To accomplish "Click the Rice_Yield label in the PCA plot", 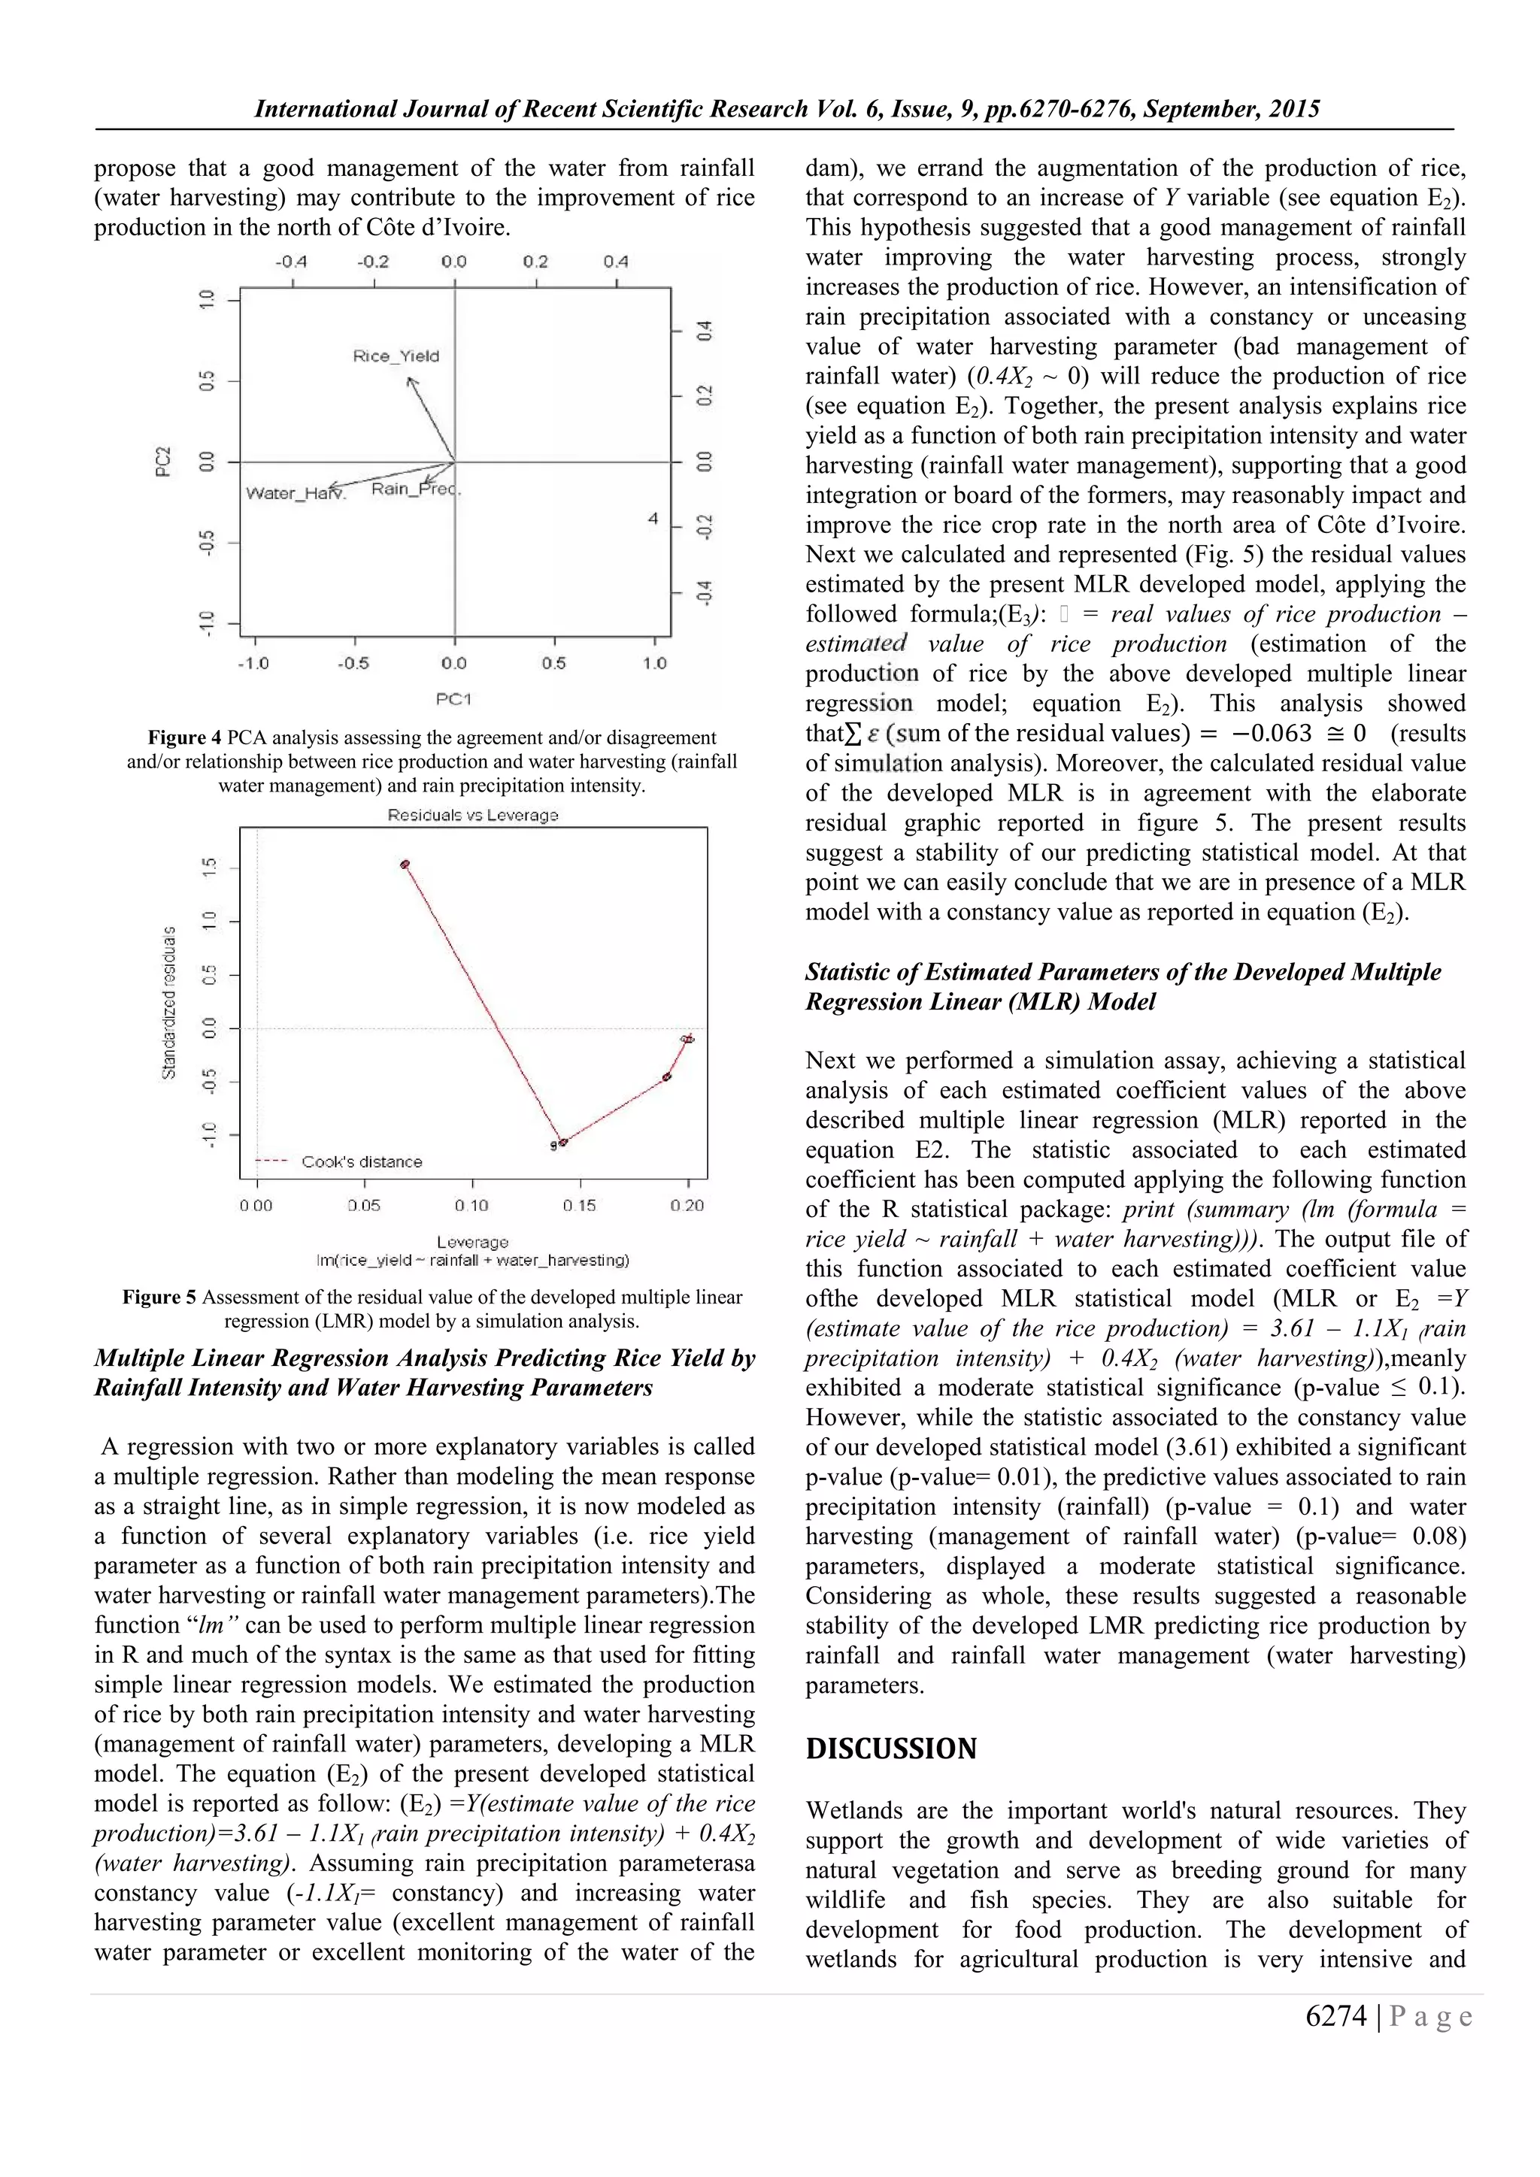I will click(x=396, y=356).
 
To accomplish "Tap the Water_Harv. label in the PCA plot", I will click(x=296, y=493).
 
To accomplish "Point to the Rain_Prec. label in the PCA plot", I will click(x=415, y=489).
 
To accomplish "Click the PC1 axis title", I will click(x=453, y=699).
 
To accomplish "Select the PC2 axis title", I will click(x=163, y=462).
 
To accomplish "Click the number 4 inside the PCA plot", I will click(x=653, y=519).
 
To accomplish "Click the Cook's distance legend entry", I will click(x=360, y=1161).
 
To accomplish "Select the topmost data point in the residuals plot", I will click(x=405, y=864).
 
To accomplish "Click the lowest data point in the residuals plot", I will click(x=562, y=1143).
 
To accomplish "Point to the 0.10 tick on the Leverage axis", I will click(x=471, y=1205).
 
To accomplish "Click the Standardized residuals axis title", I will click(x=168, y=1002).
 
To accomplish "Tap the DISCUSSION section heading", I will click(x=890, y=1749).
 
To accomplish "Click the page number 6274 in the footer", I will click(x=1335, y=2017).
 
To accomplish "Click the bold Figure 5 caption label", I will click(x=159, y=1297).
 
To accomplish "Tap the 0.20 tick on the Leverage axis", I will click(x=687, y=1205).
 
